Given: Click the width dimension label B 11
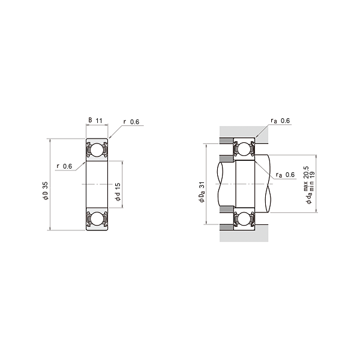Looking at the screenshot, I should click(96, 121).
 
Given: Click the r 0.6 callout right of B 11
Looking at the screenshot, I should click(131, 122).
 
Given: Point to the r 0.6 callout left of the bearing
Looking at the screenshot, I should click(64, 166).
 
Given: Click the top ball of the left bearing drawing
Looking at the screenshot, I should click(96, 150).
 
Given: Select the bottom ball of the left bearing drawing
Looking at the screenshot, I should click(96, 220).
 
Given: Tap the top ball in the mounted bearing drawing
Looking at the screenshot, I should click(244, 149).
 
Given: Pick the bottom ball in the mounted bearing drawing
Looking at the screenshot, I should click(244, 219).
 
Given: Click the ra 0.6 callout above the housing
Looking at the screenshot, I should click(280, 121).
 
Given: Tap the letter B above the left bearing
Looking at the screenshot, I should click(91, 121).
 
